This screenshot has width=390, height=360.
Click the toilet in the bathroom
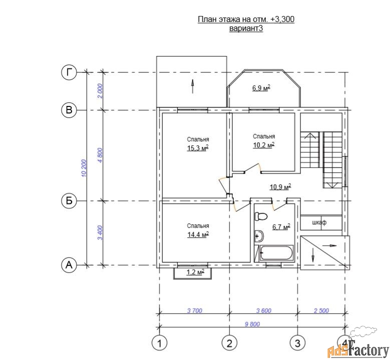(x=260, y=216)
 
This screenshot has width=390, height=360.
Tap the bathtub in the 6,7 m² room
(x=276, y=253)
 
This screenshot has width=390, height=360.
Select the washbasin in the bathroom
(x=259, y=235)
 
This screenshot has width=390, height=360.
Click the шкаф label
(x=319, y=222)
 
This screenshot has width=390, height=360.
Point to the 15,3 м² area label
(x=198, y=148)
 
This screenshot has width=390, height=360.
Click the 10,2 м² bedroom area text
(x=264, y=145)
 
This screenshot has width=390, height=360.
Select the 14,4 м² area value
(x=198, y=234)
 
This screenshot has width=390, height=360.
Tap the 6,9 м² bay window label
(x=261, y=88)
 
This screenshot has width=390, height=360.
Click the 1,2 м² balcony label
(x=195, y=272)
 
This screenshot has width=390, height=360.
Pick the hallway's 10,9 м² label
(x=280, y=187)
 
